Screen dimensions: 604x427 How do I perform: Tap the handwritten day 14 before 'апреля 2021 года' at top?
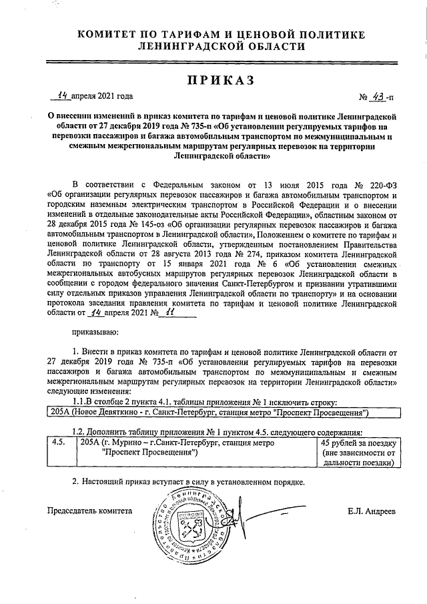coord(63,95)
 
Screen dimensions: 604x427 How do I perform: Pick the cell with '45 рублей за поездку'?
coord(359,452)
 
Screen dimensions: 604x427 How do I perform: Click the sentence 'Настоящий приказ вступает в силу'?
coord(193,481)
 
